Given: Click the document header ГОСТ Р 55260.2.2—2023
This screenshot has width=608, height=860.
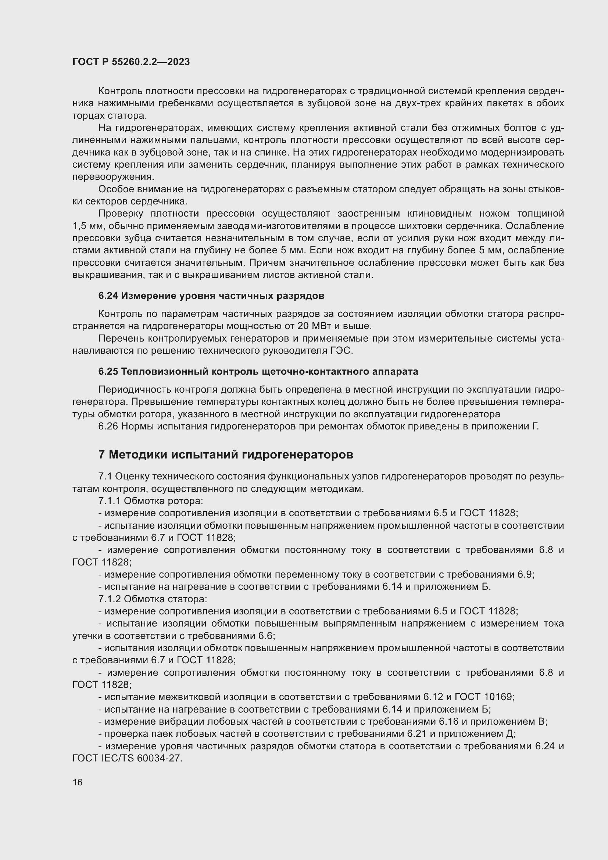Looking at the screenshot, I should point(131,62).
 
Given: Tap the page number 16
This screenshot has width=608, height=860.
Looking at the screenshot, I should point(78,782).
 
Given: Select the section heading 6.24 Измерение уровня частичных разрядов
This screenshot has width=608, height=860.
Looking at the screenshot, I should point(211,296).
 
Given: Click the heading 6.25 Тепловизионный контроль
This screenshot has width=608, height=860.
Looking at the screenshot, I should point(258,372).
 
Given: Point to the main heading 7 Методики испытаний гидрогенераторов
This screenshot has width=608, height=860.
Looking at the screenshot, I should point(226,455).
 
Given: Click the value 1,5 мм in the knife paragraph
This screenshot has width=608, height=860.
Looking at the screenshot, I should point(86,226).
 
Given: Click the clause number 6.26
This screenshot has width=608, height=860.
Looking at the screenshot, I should point(108,427).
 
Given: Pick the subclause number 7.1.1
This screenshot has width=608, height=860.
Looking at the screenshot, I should point(110,501).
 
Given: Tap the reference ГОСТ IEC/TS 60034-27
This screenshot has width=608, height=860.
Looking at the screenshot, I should point(127,759).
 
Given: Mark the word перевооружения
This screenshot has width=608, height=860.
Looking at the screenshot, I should point(113,177).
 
